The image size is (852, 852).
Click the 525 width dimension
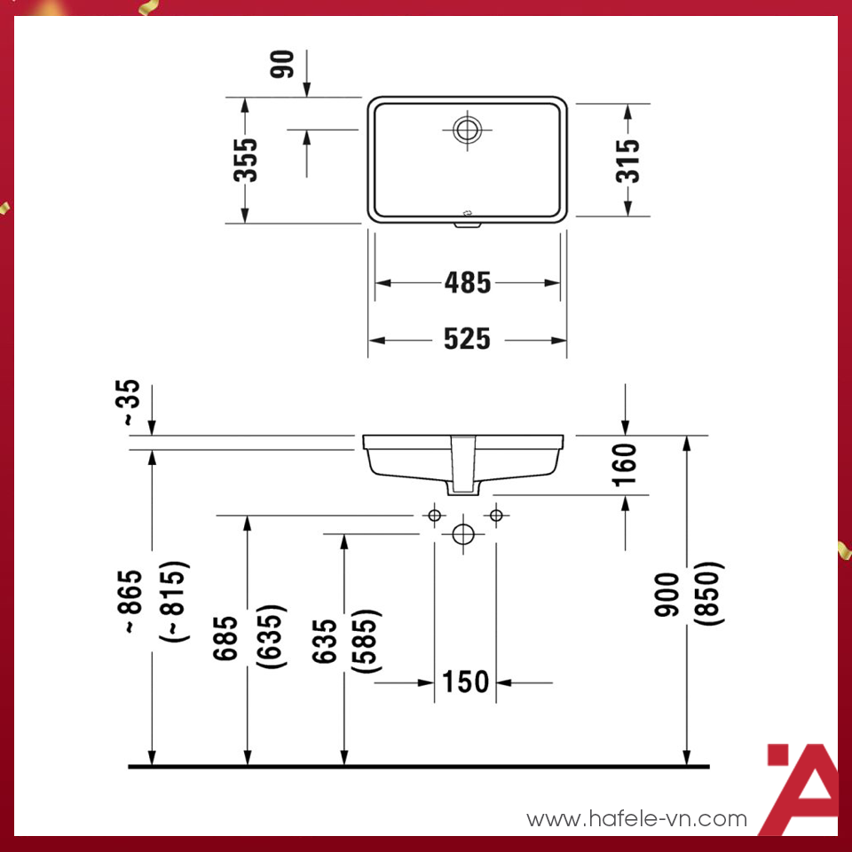click(468, 339)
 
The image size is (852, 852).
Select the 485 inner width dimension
click(468, 283)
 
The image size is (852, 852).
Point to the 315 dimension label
click(627, 160)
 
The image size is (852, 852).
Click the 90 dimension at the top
click(283, 65)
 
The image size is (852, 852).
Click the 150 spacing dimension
click(466, 682)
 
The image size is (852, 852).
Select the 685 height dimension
click(226, 639)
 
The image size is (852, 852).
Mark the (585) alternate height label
click(366, 641)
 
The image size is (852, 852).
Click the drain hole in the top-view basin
click(466, 130)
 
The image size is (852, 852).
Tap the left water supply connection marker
click(434, 516)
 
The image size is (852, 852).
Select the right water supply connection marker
click(496, 516)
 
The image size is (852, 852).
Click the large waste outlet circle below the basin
click(463, 534)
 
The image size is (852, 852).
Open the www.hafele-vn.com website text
click(636, 818)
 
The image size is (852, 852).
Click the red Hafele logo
click(801, 788)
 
